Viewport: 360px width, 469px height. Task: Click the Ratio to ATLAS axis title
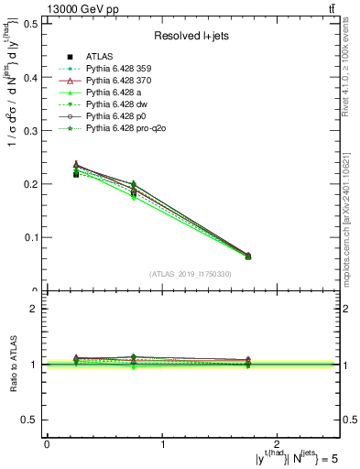12,364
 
